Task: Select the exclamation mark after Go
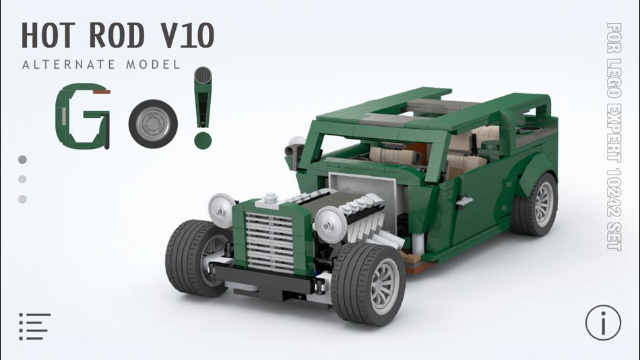point(202,108)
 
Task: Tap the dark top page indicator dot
point(22,160)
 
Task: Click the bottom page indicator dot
point(22,199)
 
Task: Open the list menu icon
point(35,326)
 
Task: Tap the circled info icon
point(602,322)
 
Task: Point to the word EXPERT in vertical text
point(613,132)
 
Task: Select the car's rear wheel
point(536,204)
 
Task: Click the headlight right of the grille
point(331,224)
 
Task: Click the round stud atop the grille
point(271,198)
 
